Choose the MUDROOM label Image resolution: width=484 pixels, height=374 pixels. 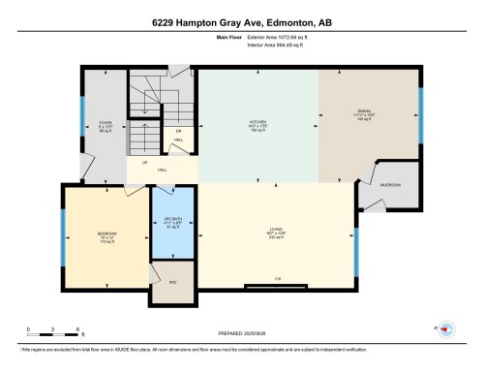coord(389,183)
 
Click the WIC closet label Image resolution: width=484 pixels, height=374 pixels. coord(172,281)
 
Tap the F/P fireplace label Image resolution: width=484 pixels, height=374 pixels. coord(278,280)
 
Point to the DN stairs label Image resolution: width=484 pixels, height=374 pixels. coord(178,130)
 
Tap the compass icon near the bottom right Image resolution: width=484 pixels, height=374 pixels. coord(447,327)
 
